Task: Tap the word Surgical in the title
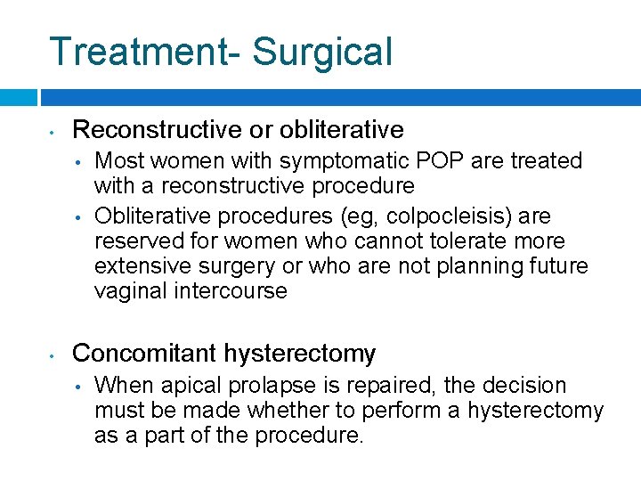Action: click(322, 52)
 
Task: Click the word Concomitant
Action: click(146, 354)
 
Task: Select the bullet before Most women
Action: click(78, 163)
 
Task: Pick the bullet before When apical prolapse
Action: click(78, 387)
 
